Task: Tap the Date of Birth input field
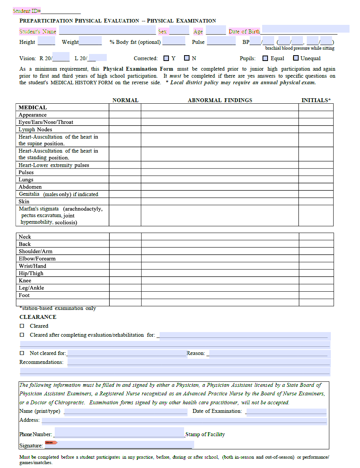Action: point(305,29)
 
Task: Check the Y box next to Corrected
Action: point(166,58)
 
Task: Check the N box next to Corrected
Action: point(187,58)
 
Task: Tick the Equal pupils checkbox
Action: point(265,58)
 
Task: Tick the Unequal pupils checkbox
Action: point(296,58)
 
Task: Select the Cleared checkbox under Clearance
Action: point(22,326)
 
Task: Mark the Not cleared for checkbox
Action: point(22,353)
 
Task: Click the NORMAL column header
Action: point(125,100)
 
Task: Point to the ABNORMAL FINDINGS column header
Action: point(220,100)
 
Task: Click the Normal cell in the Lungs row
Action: point(125,179)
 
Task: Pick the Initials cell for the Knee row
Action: point(316,280)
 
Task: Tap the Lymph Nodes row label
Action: point(35,129)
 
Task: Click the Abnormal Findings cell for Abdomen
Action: point(219,187)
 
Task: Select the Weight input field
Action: point(90,41)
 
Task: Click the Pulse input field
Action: point(221,41)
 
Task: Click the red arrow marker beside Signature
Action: point(51,442)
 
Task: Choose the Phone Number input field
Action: point(119,432)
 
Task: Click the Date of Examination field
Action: point(286,412)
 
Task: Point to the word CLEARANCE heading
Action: point(38,317)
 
